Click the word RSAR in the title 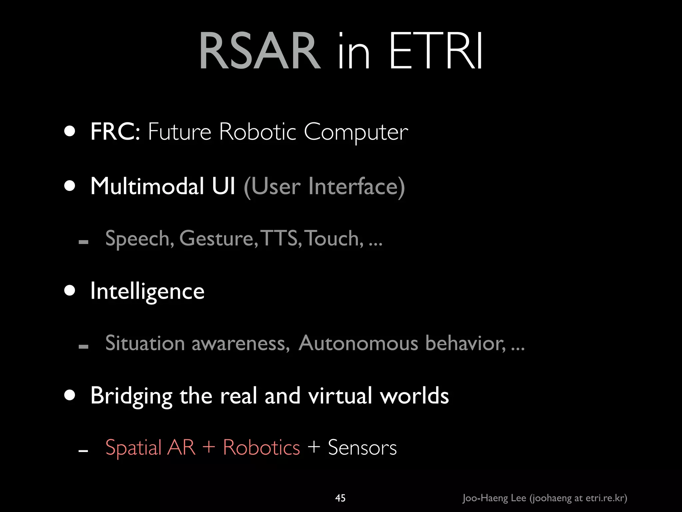260,52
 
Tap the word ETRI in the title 436,52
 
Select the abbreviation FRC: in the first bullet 115,132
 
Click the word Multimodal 147,186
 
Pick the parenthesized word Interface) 356,186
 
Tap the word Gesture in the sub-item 218,239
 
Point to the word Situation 145,343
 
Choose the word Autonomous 358,343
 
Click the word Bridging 131,396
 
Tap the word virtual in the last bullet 340,396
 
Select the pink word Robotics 261,447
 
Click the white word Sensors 362,447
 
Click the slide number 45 340,498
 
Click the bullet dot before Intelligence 70,290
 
